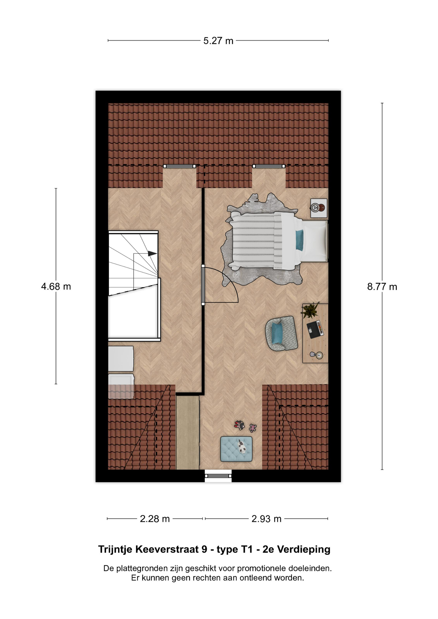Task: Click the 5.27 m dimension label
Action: click(218, 41)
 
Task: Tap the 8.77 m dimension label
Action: click(382, 287)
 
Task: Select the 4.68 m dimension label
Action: click(56, 287)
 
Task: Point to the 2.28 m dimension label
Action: click(155, 519)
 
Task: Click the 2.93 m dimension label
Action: click(266, 519)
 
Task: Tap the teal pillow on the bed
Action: click(300, 240)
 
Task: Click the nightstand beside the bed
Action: click(319, 208)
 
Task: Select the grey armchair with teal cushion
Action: click(281, 333)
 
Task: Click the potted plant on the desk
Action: click(310, 310)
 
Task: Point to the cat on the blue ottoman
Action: click(242, 447)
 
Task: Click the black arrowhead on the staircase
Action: click(153, 253)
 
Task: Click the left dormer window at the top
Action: click(179, 166)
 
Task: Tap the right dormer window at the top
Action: click(269, 166)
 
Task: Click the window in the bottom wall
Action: click(218, 475)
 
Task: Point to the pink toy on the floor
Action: click(253, 428)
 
